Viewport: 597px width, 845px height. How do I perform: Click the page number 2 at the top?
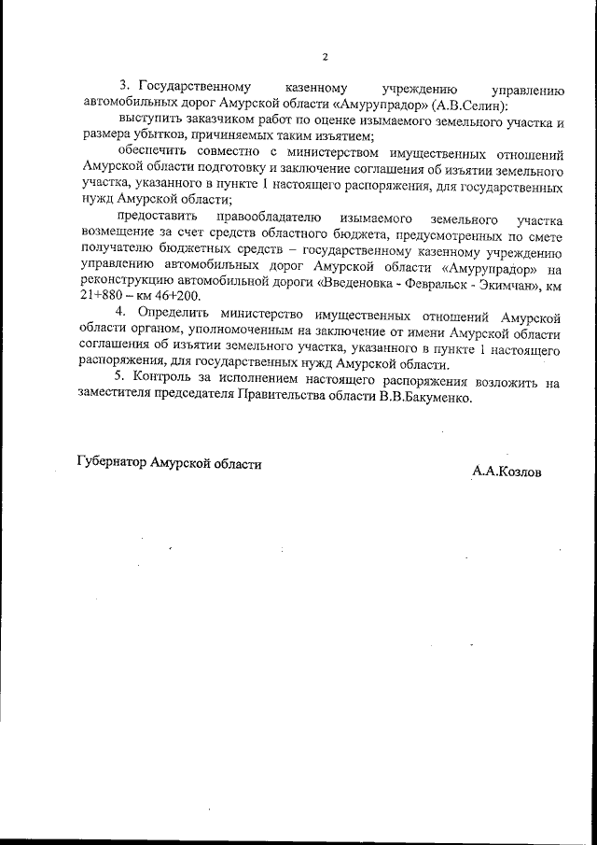325,57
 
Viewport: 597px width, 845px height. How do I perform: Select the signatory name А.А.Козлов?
507,472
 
